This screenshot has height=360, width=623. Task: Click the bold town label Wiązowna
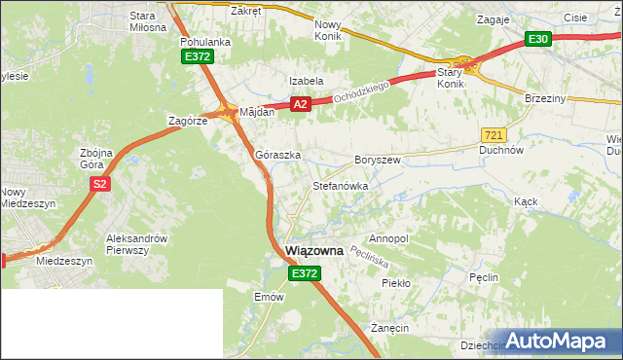point(314,250)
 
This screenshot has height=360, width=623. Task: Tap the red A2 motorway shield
point(300,104)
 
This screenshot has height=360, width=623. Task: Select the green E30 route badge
point(538,39)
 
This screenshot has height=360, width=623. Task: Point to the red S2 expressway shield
point(98,183)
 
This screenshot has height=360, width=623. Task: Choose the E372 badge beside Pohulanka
point(197,57)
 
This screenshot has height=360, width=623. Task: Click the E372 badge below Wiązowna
point(303,274)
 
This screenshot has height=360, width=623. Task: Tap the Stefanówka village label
point(340,185)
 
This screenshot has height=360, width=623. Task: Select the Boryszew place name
point(378,159)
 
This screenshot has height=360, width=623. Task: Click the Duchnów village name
point(502,151)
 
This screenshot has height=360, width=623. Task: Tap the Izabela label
point(306,81)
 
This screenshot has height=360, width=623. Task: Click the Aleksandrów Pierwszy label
point(137,244)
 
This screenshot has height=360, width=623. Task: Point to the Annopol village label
point(388,238)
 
